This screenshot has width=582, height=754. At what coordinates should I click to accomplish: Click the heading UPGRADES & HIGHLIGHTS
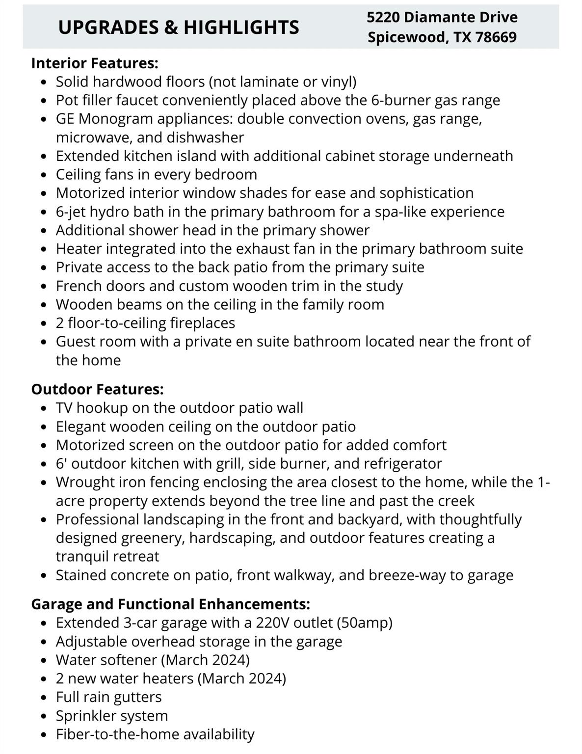(179, 27)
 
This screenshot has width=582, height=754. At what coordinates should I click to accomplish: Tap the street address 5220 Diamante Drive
(442, 17)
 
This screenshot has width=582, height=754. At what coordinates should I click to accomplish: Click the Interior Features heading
(95, 63)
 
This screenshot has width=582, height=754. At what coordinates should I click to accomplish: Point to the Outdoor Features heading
(97, 389)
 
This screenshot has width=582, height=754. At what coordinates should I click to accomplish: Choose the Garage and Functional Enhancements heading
(170, 604)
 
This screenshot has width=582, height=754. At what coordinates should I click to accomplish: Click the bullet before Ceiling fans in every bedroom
(45, 175)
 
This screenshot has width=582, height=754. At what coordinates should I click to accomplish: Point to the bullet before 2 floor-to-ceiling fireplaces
(45, 324)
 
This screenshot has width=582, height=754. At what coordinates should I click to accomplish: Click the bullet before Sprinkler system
(45, 717)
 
